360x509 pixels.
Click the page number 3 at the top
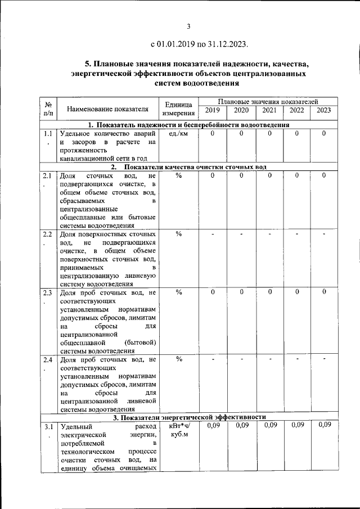point(189,26)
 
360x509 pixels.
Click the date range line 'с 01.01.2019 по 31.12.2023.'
point(199,44)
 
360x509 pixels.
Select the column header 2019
point(212,110)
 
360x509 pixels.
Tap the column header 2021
point(269,110)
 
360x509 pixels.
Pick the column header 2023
point(323,110)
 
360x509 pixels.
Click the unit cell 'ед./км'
point(178,134)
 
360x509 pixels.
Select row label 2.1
point(47,177)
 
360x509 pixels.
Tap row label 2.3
point(47,292)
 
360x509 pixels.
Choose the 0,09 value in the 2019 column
point(212,425)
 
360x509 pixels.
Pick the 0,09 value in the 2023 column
point(324,425)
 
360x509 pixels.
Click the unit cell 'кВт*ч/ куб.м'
point(179,430)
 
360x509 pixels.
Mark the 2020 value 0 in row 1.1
point(241,134)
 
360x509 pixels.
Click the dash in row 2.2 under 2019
point(213,234)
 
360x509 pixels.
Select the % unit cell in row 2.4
point(179,359)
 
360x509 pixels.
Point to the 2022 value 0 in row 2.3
point(297,292)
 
